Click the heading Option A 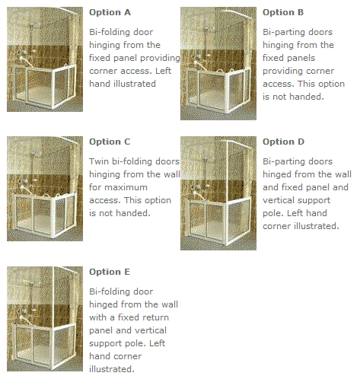[110, 12]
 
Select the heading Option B [283, 12]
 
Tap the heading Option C [110, 142]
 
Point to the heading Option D [283, 142]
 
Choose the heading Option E [110, 272]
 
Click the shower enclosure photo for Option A [45, 59]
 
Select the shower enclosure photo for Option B [218, 63]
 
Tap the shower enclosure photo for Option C [45, 189]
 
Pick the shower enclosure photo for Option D [218, 193]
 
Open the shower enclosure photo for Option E [45, 319]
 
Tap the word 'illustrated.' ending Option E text [112, 369]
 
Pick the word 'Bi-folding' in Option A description [108, 32]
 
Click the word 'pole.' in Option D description [272, 213]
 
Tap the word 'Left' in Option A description [163, 71]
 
